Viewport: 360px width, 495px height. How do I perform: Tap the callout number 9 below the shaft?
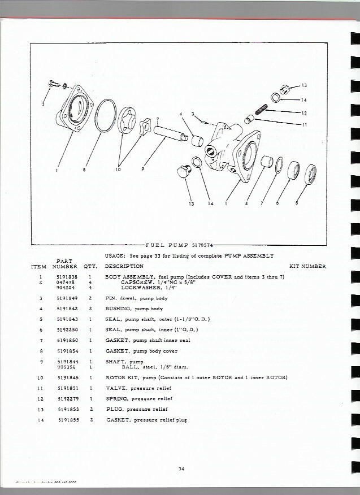[x=144, y=168]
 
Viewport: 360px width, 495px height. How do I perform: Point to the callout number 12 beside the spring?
[x=304, y=113]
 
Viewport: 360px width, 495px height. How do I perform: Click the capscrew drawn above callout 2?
[x=53, y=84]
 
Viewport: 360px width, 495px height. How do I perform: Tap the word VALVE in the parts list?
[x=116, y=388]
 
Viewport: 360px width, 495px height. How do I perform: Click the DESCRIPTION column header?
[x=124, y=266]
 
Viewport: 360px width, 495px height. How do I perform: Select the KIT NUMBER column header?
[x=307, y=266]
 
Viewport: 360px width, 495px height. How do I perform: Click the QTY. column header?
[x=90, y=266]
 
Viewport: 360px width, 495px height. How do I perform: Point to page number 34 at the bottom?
[x=181, y=467]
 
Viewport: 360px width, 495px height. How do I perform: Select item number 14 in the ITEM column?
[x=41, y=420]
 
